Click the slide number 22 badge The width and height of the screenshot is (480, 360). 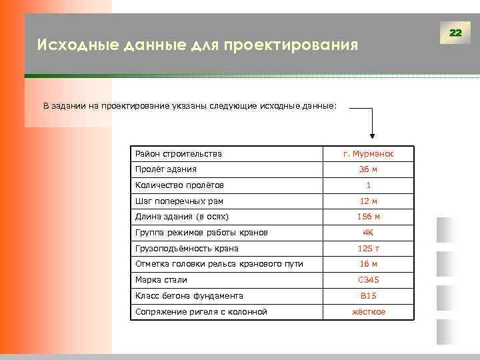coord(455,33)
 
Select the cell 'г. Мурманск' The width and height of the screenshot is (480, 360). coord(368,154)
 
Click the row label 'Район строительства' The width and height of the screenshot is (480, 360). coord(178,154)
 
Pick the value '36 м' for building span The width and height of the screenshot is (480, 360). coord(368,169)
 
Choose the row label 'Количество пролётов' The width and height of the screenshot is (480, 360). coord(179,185)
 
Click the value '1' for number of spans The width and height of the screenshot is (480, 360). coord(368,185)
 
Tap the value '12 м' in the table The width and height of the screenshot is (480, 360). coord(368,201)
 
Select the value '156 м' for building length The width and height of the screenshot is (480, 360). coord(368,217)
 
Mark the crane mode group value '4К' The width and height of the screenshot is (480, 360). coord(368,233)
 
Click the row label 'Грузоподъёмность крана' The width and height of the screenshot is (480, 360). coord(187,249)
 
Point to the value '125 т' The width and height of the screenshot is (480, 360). coord(368,249)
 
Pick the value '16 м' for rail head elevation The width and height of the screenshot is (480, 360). coord(368,264)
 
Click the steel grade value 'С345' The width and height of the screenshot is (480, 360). coord(368,280)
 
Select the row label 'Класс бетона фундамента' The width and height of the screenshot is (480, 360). coord(189,296)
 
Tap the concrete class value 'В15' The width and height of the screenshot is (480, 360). coord(368,296)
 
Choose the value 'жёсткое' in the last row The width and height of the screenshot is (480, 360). coord(368,312)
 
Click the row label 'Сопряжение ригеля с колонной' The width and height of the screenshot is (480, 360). coord(201,312)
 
